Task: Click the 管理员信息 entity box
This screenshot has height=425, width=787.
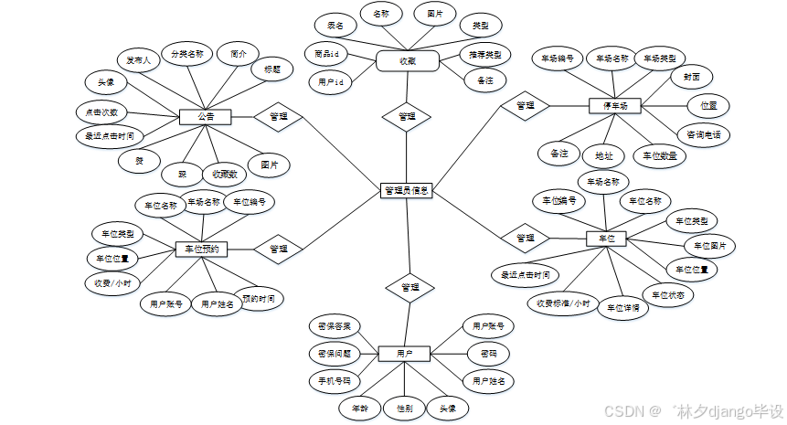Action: tap(406, 191)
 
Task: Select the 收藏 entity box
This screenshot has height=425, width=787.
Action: tap(408, 61)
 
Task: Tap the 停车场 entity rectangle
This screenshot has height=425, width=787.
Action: tap(615, 107)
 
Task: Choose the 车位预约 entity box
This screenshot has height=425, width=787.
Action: tap(201, 248)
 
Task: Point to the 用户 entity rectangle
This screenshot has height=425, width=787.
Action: tap(404, 353)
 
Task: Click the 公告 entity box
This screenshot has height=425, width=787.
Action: tap(205, 117)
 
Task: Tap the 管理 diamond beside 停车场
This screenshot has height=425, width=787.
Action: tap(525, 106)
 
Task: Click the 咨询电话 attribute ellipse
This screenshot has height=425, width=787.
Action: tap(702, 134)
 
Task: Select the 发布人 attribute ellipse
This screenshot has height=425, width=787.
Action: tap(138, 60)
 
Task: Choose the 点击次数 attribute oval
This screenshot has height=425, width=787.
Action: tap(101, 112)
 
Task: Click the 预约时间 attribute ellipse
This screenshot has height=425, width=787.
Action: tap(257, 298)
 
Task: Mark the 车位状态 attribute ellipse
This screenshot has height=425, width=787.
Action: tap(668, 295)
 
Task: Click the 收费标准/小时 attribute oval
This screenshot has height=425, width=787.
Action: tap(560, 303)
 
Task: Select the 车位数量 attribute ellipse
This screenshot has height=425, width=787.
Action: tap(660, 156)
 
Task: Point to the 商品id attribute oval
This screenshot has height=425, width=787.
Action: tap(326, 55)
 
